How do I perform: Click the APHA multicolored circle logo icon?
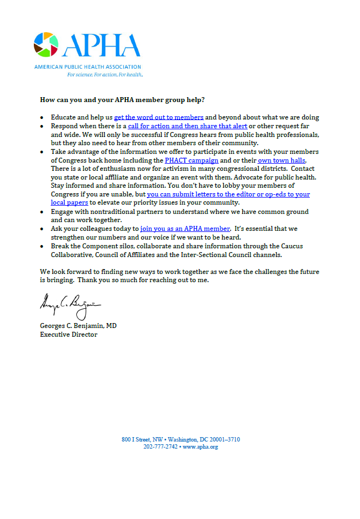pyautogui.click(x=45, y=44)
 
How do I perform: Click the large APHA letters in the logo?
pyautogui.click(x=101, y=45)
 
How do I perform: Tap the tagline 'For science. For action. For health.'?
pyautogui.click(x=105, y=74)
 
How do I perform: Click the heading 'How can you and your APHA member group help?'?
pyautogui.click(x=122, y=100)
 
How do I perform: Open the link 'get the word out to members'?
pyautogui.click(x=159, y=117)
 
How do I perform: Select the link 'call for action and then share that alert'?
pyautogui.click(x=187, y=126)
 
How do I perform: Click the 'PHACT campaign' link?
pyautogui.click(x=191, y=160)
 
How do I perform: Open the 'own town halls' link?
pyautogui.click(x=281, y=160)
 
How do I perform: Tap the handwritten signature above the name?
pyautogui.click(x=69, y=306)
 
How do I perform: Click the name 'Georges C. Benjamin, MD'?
pyautogui.click(x=78, y=326)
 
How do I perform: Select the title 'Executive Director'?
pyautogui.click(x=68, y=334)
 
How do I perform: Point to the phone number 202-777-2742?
pyautogui.click(x=160, y=447)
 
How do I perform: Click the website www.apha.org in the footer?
pyautogui.click(x=200, y=447)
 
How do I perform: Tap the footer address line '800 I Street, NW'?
pyautogui.click(x=143, y=439)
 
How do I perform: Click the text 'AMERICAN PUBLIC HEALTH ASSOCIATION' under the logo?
pyautogui.click(x=87, y=67)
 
